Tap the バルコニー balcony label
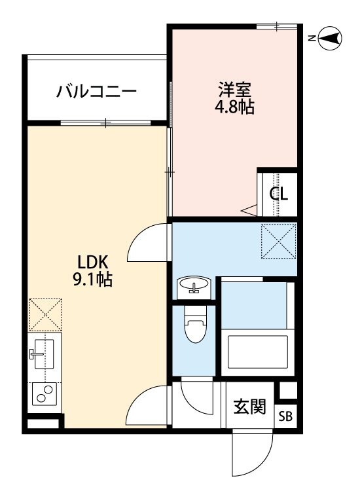click(96, 90)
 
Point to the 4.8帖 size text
click(234, 107)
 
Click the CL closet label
click(279, 194)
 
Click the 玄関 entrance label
click(250, 407)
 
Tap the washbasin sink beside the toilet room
click(193, 287)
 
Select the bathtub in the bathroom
click(257, 354)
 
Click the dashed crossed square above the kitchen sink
click(45, 314)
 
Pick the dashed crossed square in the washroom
click(278, 240)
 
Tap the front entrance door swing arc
click(252, 453)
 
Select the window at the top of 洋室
click(276, 27)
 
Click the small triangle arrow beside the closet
click(249, 210)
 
